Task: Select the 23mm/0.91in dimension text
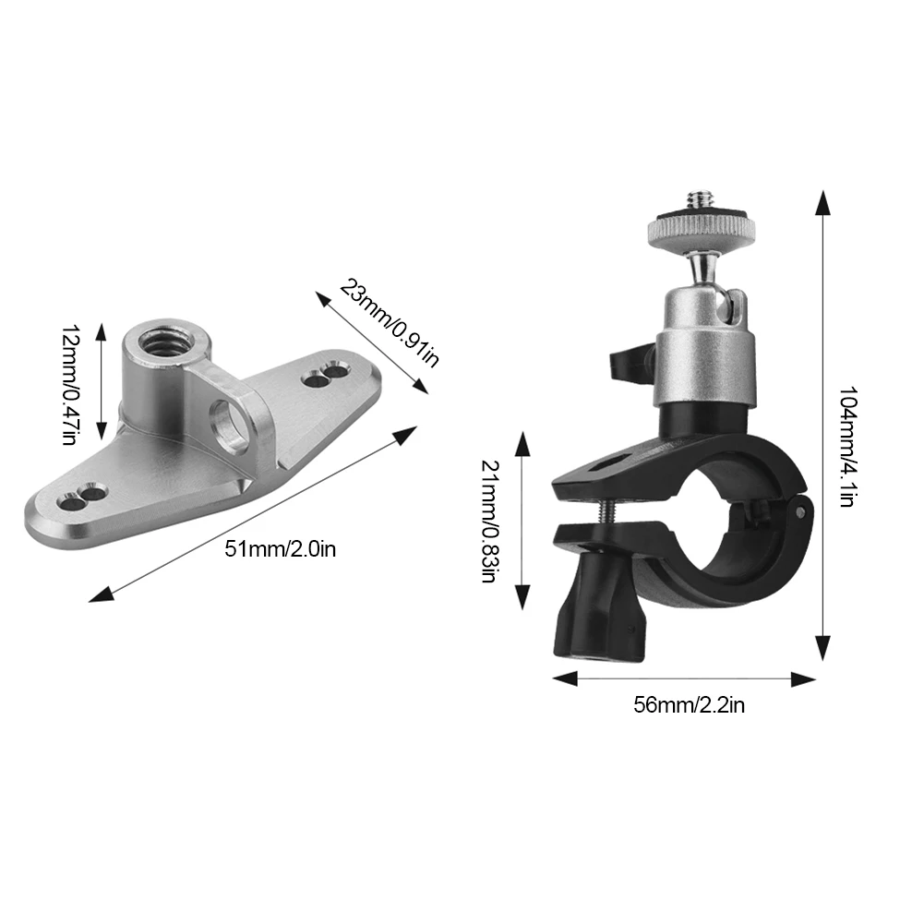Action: tap(389, 321)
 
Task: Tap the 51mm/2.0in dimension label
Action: tap(281, 550)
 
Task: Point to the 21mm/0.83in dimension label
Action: tap(489, 522)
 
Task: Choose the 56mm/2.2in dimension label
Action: tap(689, 706)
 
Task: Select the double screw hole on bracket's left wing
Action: tap(80, 497)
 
